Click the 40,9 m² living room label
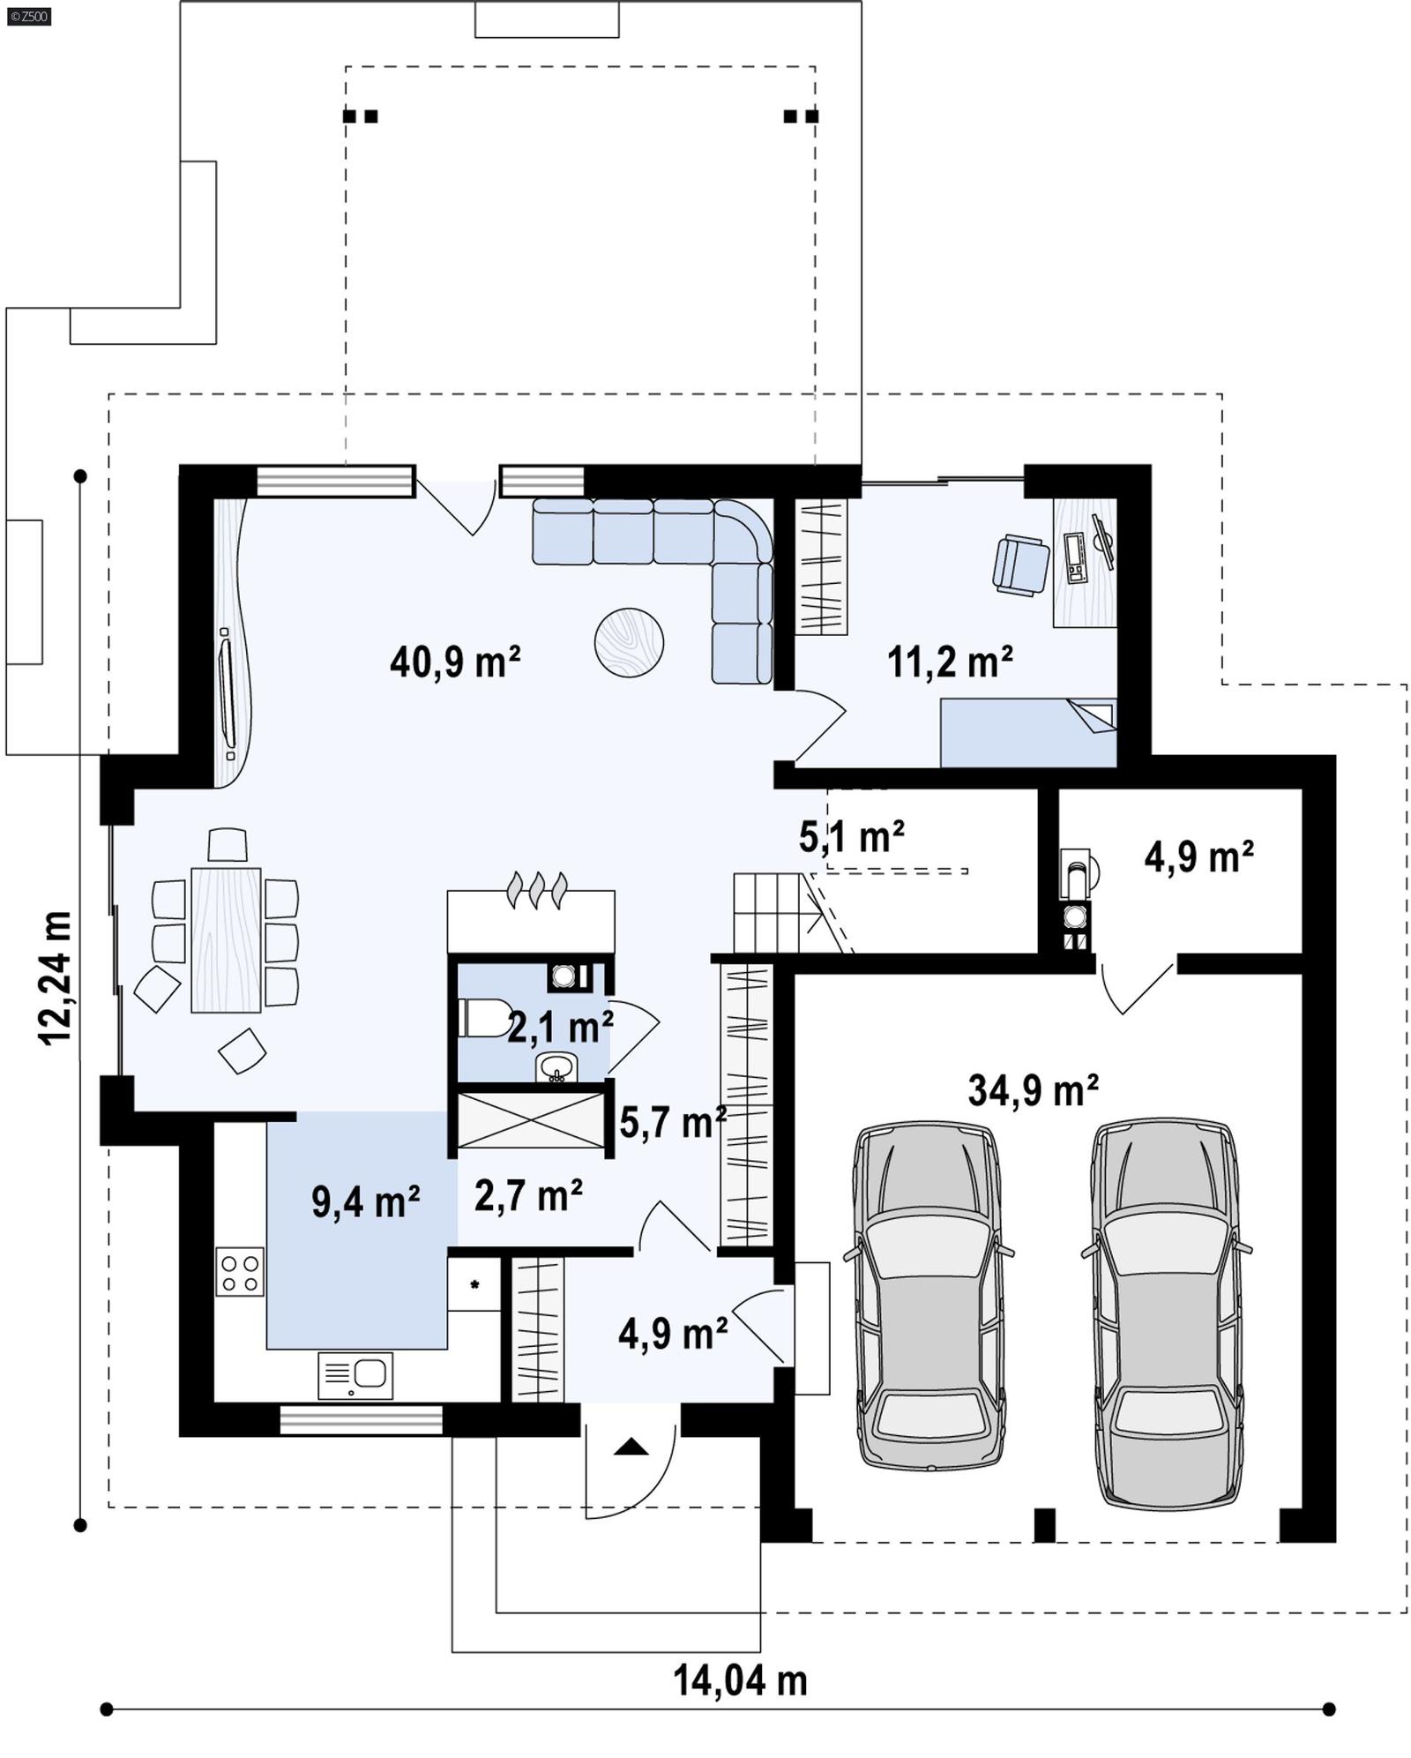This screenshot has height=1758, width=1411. pos(454,662)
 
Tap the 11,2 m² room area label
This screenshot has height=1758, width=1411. pos(949,662)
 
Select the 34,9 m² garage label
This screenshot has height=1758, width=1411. pos(1033,1090)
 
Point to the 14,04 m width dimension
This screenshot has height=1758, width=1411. pos(740,1680)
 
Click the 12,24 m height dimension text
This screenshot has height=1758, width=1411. pos(55,978)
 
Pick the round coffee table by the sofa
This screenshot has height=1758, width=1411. pos(629,642)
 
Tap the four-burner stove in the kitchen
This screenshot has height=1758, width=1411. pos(240,1271)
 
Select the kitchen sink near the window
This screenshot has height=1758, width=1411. pos(355,1375)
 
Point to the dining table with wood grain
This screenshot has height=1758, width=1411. pos(226,939)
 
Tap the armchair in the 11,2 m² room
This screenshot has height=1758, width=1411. pos(1020,565)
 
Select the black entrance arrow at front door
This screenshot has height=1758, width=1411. pos(631,1447)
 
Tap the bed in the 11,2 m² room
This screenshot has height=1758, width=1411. pos(1027,732)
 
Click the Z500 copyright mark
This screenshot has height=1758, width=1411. pos(28,16)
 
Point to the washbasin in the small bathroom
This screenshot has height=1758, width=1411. pos(556,1067)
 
